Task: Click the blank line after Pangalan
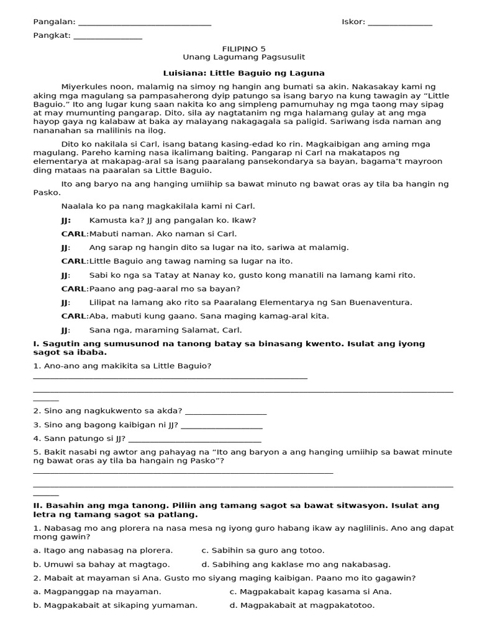(x=145, y=24)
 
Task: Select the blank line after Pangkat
(x=107, y=37)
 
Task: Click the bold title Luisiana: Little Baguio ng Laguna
(x=239, y=73)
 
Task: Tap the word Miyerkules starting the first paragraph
(x=83, y=86)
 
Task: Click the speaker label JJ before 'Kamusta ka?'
(x=66, y=220)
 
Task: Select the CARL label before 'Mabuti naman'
(x=75, y=234)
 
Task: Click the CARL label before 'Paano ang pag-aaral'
(x=75, y=288)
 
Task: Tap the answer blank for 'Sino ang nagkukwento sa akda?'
(x=225, y=411)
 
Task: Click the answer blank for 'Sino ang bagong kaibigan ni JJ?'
(x=221, y=425)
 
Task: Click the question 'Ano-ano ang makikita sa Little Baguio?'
(x=122, y=366)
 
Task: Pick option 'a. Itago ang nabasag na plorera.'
(x=103, y=550)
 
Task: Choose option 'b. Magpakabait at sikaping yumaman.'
(x=116, y=605)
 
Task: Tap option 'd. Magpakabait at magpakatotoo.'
(x=302, y=605)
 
